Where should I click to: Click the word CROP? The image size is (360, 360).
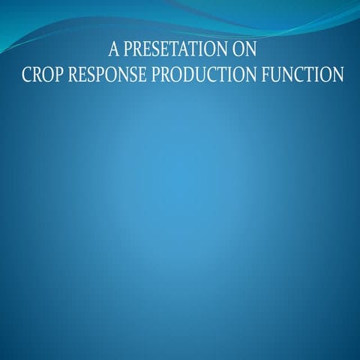[x=43, y=76]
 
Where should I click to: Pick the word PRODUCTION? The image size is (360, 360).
[x=214, y=76]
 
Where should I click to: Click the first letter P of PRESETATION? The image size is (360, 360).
[x=128, y=52]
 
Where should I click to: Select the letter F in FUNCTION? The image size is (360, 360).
[x=273, y=76]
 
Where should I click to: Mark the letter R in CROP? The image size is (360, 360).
[x=37, y=76]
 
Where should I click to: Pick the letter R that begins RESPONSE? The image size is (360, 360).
[x=76, y=76]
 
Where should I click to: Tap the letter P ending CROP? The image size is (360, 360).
[x=61, y=76]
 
